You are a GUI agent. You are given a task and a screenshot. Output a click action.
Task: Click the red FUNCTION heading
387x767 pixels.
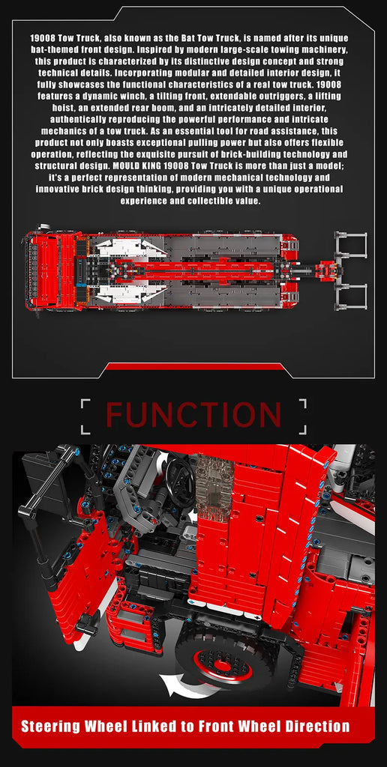[193, 416]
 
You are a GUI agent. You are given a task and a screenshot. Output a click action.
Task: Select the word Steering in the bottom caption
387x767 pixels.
[49, 727]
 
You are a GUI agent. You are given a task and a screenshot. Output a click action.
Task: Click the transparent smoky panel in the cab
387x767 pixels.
[214, 485]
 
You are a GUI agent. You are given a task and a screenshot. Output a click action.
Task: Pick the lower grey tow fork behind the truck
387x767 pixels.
[350, 295]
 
